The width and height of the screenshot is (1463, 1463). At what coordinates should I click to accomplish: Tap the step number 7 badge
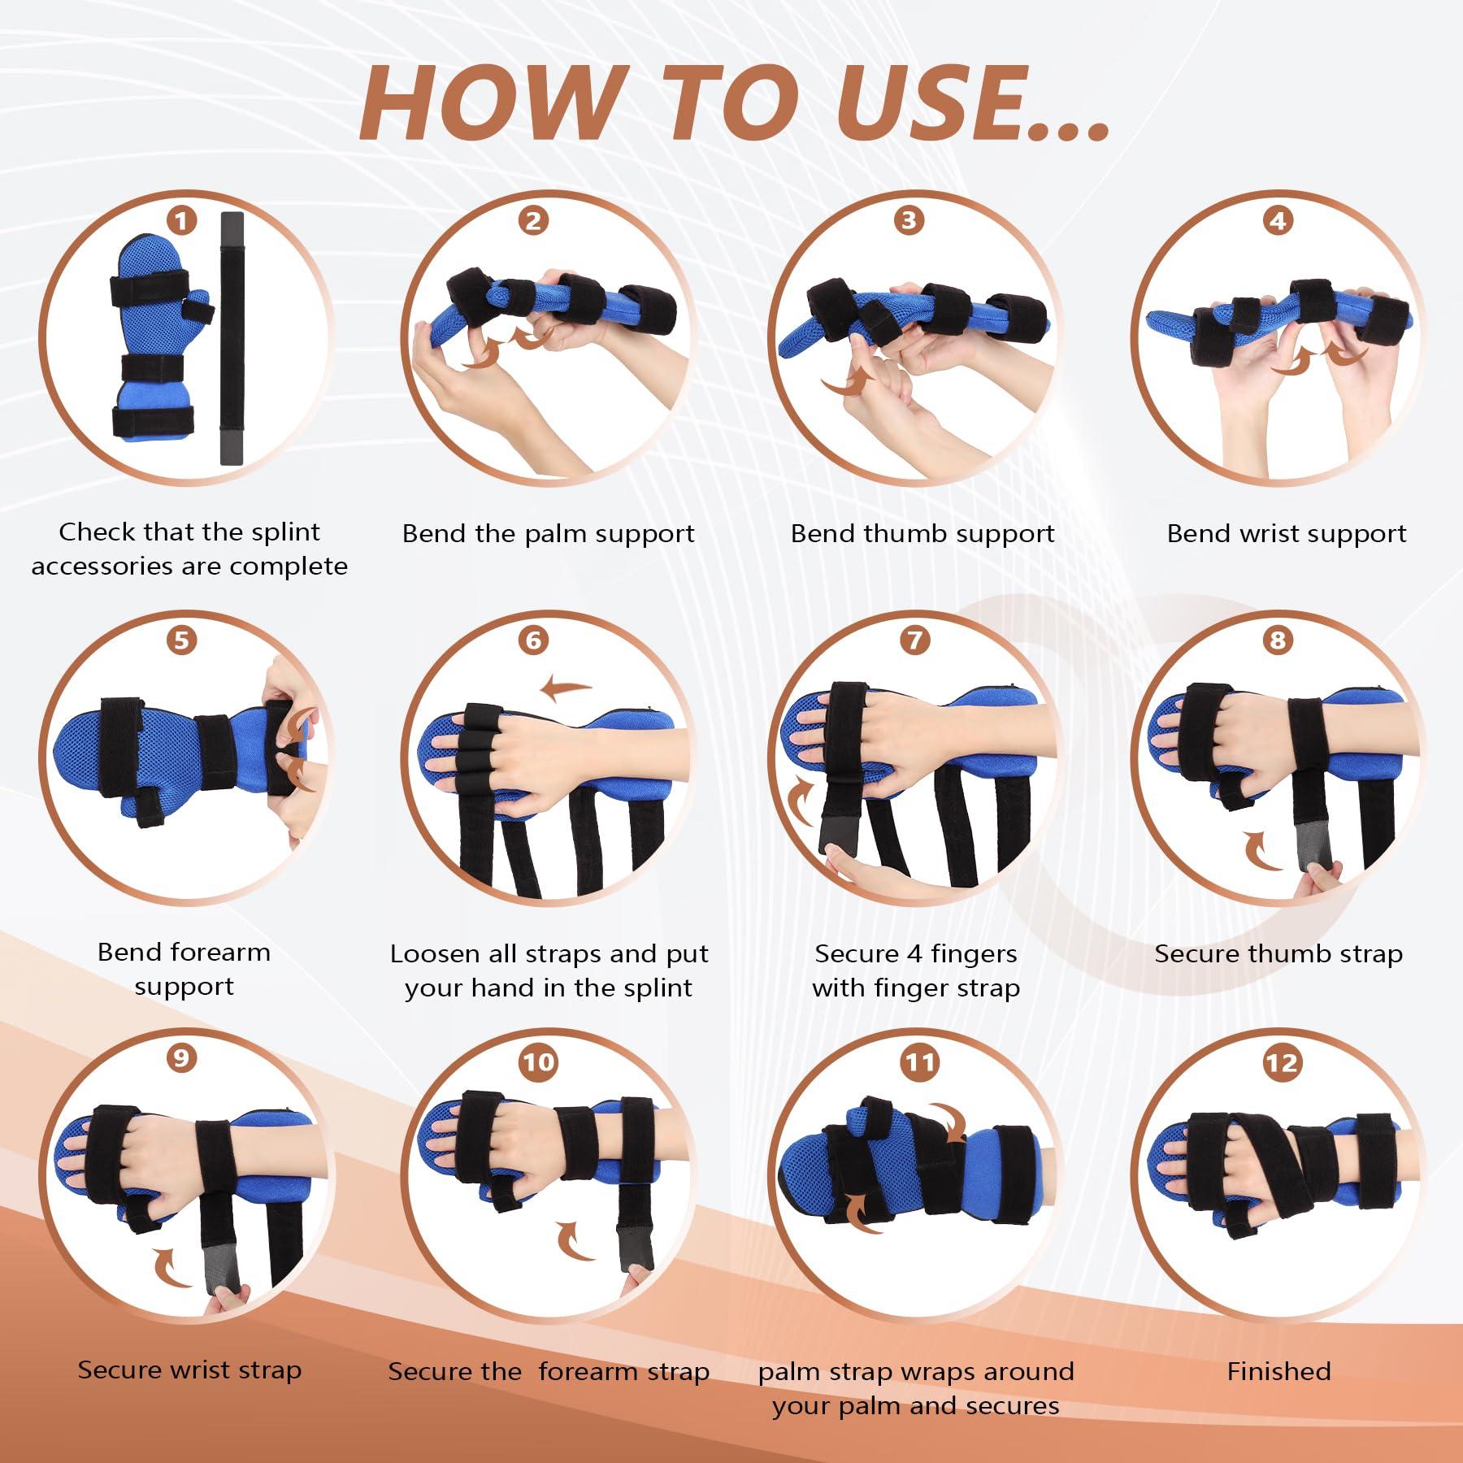915,640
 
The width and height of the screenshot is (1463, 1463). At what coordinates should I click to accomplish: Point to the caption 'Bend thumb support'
923,534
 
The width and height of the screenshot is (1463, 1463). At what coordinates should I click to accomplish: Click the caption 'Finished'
1278,1371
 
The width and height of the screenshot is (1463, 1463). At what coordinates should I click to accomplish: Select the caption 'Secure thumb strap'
1278,953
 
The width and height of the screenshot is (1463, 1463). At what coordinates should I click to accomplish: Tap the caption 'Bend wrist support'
1286,534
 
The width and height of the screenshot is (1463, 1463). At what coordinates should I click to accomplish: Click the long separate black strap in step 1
232,337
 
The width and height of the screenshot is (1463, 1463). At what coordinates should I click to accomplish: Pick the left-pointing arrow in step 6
566,689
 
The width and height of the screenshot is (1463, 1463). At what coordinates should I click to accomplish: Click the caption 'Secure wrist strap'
189,1370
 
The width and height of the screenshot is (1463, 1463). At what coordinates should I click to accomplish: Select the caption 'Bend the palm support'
548,534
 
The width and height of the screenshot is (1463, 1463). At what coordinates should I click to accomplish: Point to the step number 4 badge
1277,221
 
